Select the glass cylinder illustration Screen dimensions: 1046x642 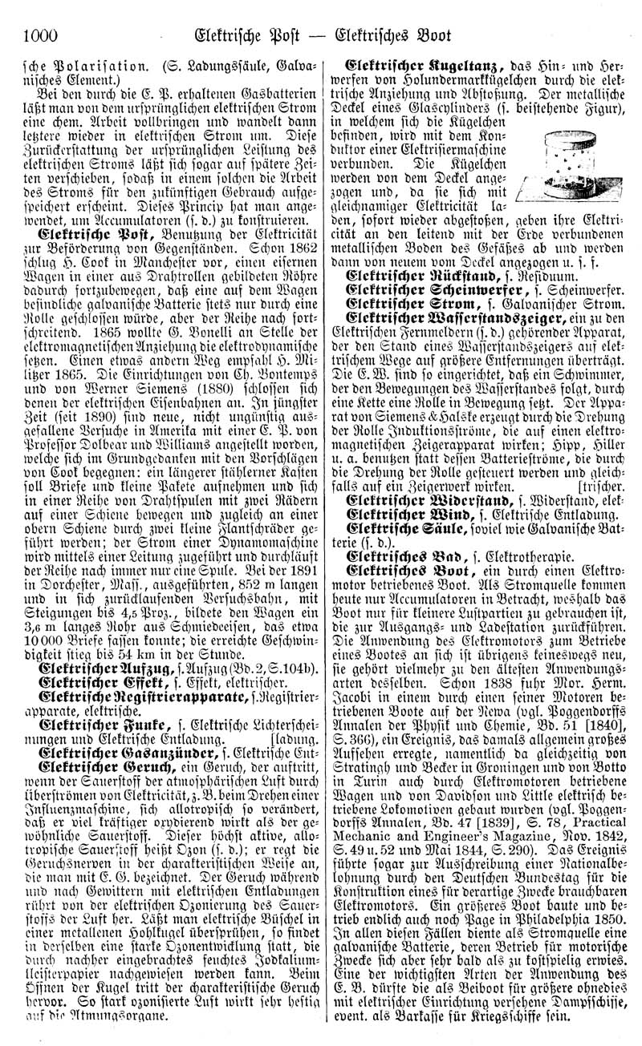559,165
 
